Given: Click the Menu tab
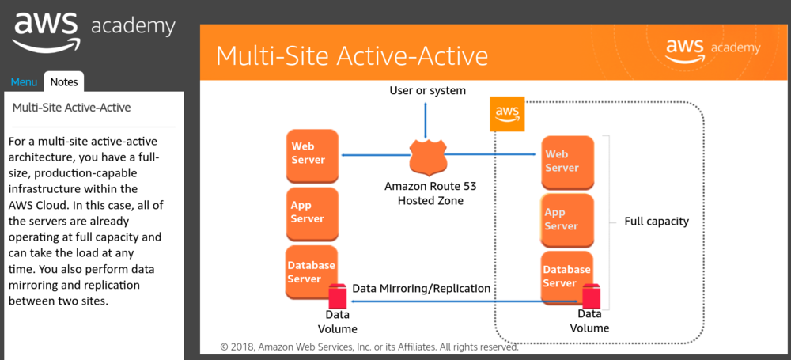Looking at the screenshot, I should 23,81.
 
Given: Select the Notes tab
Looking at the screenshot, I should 63,81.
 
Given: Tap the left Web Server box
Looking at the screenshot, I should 312,153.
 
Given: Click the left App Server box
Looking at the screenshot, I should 312,211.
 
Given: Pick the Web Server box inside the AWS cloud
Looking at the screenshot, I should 567,161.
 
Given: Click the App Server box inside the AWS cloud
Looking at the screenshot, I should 567,219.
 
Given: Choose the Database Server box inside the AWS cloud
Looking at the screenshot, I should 566,276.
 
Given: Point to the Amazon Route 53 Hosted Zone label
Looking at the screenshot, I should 430,193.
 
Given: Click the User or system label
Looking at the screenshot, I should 427,90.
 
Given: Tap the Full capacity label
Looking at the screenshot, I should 657,222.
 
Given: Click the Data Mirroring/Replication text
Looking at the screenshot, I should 422,289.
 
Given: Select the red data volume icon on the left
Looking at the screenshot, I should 338,296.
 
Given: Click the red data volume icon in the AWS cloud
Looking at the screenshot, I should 590,297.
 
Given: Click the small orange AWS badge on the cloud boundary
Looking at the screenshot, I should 506,115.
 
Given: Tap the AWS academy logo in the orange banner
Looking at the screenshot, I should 712,49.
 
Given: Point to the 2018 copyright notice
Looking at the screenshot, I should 369,347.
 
